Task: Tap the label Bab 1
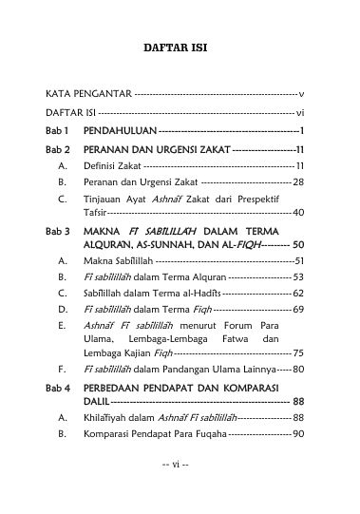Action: [x=59, y=130]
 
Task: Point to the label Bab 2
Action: [x=59, y=150]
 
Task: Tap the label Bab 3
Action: [x=59, y=231]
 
